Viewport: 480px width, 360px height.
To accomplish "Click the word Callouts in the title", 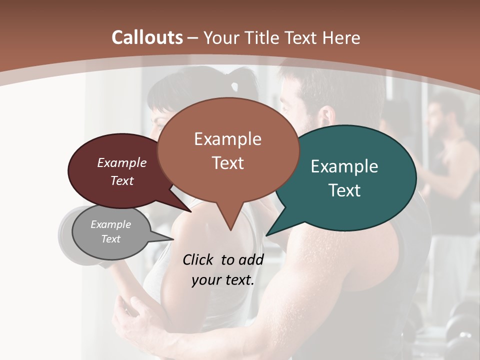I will [x=147, y=37].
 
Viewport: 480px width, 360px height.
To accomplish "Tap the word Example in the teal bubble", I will [x=344, y=166].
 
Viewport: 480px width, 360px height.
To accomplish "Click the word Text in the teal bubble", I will [x=345, y=190].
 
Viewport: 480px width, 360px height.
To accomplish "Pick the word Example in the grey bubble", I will [x=111, y=224].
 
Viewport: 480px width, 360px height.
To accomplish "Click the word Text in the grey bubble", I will [x=111, y=239].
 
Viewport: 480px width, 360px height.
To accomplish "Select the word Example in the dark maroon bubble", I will [x=122, y=162].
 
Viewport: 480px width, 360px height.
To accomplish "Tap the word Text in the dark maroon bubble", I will [x=122, y=180].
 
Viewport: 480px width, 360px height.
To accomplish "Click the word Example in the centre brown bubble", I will [x=228, y=139].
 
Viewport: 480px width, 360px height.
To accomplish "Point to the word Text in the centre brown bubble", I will [x=228, y=163].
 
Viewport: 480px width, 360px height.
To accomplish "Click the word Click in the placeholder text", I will [x=199, y=259].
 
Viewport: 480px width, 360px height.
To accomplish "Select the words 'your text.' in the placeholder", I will [x=223, y=280].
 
